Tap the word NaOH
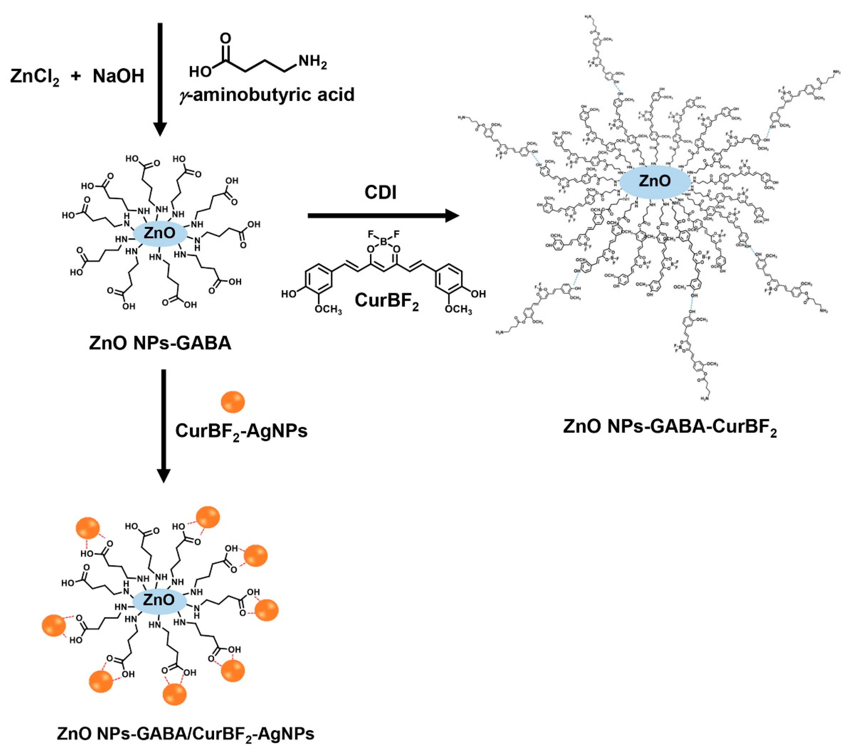pos(118,76)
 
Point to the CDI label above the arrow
pos(380,192)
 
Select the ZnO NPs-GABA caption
pos(160,343)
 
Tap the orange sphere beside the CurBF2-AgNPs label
pos(232,401)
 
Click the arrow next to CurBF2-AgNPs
pos(163,426)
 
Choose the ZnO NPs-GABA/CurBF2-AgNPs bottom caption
pos(186,733)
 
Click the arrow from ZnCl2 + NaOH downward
pos(160,79)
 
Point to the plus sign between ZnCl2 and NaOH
pos(76,77)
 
